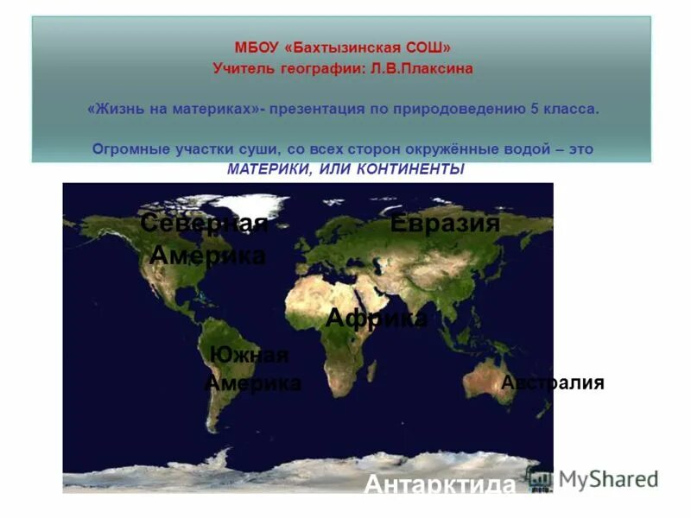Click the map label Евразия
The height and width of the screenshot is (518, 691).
pos(445,224)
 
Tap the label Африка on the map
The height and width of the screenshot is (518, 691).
pos(377,319)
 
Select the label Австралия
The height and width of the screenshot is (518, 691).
pos(553,382)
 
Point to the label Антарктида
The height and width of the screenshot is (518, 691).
pos(440,484)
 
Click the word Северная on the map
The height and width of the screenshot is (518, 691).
pos(204,224)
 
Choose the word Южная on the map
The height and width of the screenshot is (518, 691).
pos(249,356)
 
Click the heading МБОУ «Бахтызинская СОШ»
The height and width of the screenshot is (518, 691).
pos(343,48)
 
